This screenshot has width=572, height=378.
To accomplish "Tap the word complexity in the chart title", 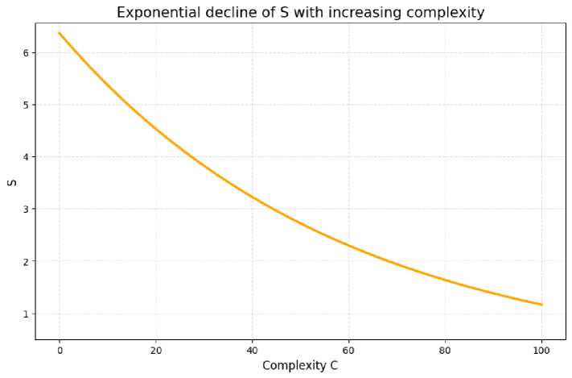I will pyautogui.click(x=445, y=12).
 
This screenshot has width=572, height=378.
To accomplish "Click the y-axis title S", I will pyautogui.click(x=12, y=182).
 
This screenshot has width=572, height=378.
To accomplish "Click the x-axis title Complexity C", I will pyautogui.click(x=300, y=366).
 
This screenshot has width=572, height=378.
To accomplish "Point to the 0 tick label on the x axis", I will pyautogui.click(x=60, y=350).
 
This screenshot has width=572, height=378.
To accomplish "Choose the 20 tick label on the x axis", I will pyautogui.click(x=156, y=350).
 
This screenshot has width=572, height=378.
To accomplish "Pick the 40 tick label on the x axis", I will pyautogui.click(x=253, y=350).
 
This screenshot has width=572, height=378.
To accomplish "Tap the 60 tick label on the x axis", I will pyautogui.click(x=349, y=350).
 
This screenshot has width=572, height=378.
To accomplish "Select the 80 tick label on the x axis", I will pyautogui.click(x=446, y=350).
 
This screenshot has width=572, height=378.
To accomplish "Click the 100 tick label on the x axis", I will pyautogui.click(x=542, y=350).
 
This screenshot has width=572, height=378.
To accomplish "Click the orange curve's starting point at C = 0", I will pyautogui.click(x=60, y=33).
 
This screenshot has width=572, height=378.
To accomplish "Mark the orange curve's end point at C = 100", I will pyautogui.click(x=542, y=305).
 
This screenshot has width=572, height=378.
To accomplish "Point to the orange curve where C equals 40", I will pyautogui.click(x=253, y=197).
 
